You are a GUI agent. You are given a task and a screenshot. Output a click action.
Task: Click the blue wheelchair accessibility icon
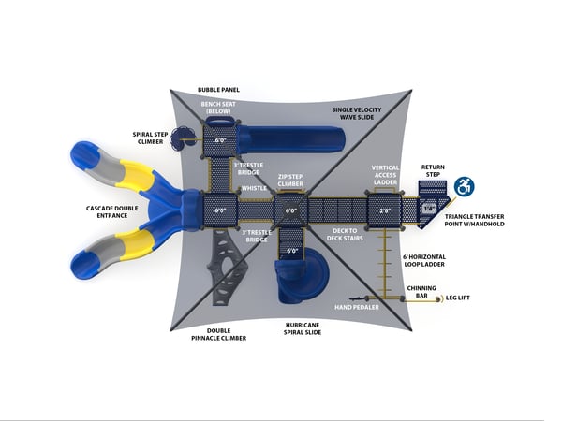pyautogui.click(x=464, y=186)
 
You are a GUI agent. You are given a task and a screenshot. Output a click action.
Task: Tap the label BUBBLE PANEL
pyautogui.click(x=218, y=90)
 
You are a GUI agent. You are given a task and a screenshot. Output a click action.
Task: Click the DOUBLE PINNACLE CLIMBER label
pyautogui.click(x=213, y=333)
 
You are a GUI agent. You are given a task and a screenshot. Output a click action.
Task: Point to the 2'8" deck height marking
pyautogui.click(x=385, y=210)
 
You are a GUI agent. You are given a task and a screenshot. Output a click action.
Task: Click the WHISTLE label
pyautogui.click(x=254, y=188)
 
